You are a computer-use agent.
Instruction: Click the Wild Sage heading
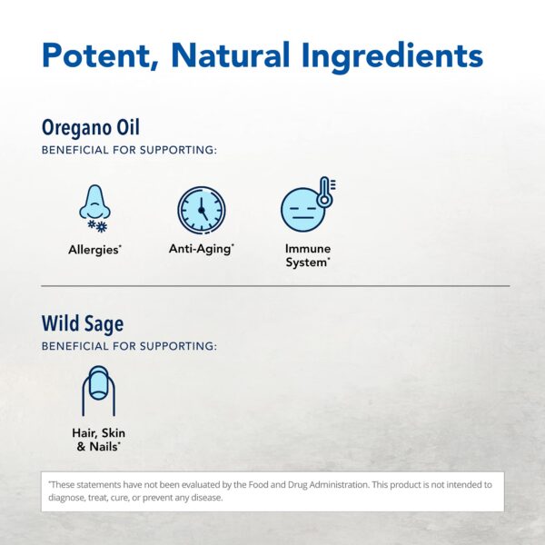click(83, 323)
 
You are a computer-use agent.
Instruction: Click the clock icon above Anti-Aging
click(201, 210)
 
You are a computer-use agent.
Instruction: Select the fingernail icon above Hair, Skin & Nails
click(98, 390)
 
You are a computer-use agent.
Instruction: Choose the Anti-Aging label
click(201, 248)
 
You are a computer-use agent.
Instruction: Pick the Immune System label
click(308, 255)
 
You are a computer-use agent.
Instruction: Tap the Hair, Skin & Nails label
click(98, 440)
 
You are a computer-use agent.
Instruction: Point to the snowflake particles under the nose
click(96, 224)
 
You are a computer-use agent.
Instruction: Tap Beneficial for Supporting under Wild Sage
click(129, 346)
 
